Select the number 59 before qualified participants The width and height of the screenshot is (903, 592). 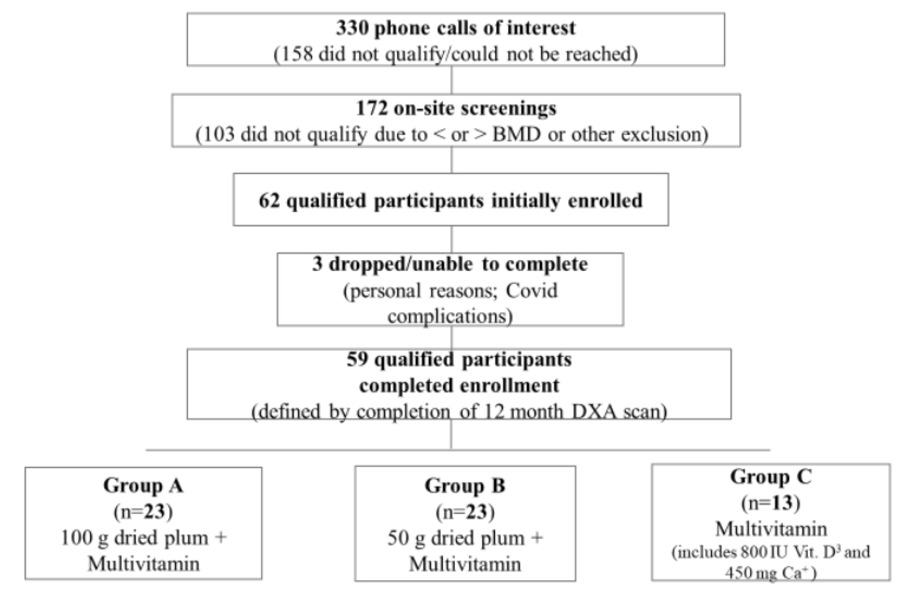click(x=357, y=359)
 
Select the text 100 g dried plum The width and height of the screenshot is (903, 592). click(x=135, y=538)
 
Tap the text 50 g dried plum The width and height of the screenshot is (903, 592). click(x=455, y=538)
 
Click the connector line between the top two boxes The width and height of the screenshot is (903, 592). click(x=451, y=80)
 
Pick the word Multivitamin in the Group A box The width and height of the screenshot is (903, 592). click(x=143, y=564)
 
